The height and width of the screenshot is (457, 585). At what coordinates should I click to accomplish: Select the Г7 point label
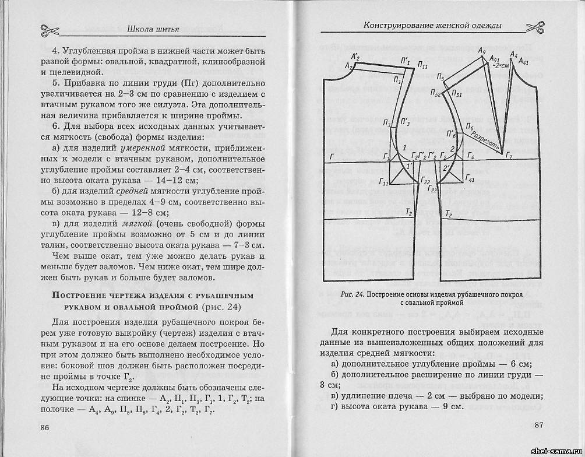[509, 157]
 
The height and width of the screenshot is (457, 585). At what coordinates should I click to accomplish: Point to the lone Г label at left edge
[332, 157]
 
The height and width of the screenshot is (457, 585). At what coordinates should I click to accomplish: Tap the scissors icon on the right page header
[534, 27]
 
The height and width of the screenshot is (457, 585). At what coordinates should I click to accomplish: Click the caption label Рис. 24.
[353, 294]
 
